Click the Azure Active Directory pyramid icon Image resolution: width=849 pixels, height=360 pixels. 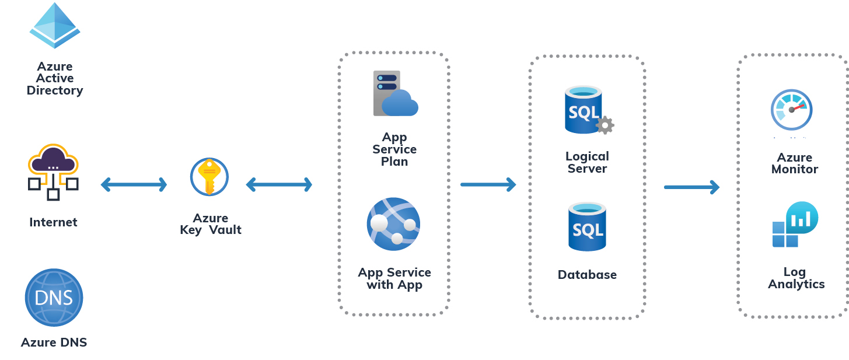(x=54, y=26)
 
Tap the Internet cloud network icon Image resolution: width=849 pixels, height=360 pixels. (x=53, y=172)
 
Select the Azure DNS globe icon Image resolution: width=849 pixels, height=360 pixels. (x=54, y=298)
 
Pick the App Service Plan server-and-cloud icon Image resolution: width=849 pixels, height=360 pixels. (x=395, y=93)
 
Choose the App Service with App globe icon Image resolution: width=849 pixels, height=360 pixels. (x=393, y=224)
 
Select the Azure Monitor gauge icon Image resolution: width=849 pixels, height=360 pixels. (x=791, y=110)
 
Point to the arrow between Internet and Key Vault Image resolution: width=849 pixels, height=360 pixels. (x=134, y=185)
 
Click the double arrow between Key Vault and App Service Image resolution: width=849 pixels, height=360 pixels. (x=279, y=185)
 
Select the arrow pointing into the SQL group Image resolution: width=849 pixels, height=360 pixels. (x=488, y=184)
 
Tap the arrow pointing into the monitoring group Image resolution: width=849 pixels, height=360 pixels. (x=691, y=187)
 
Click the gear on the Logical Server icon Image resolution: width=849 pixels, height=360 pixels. (x=605, y=125)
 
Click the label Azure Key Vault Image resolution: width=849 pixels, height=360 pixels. (x=210, y=224)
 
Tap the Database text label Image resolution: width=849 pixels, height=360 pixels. (x=587, y=275)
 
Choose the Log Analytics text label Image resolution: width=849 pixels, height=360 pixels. (x=796, y=278)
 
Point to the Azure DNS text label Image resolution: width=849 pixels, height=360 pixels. (x=54, y=342)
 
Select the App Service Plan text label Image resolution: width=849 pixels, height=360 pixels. (x=394, y=149)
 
